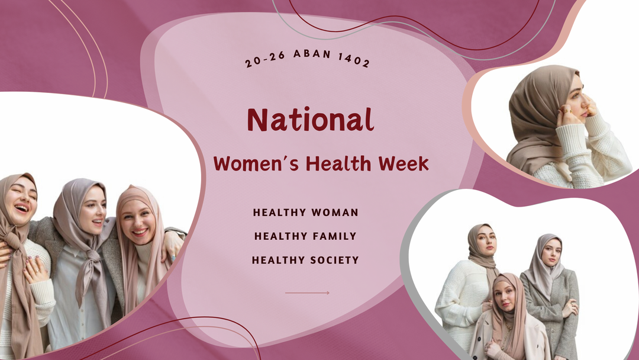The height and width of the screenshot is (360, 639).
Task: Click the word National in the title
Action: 310,120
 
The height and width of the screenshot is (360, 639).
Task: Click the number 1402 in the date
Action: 354,60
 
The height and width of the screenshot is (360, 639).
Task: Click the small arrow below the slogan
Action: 307,292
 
